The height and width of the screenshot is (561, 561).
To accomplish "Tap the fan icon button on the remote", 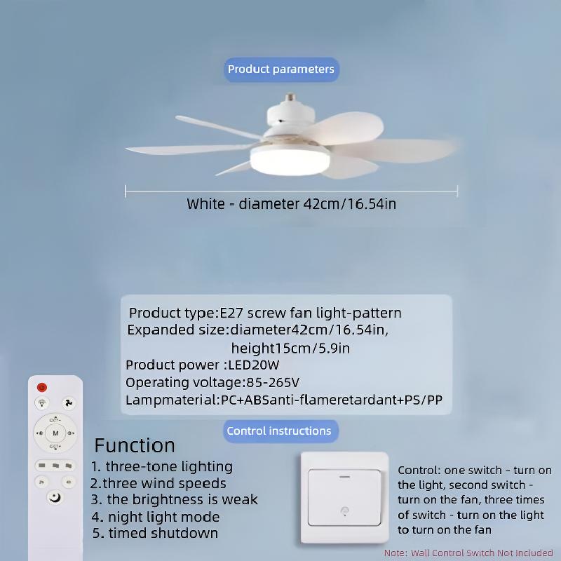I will point(69,403).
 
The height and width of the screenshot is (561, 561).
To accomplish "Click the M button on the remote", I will point(55,433).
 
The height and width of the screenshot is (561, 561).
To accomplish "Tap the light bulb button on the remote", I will point(43,403).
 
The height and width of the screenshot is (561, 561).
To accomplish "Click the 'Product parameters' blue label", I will point(280,69).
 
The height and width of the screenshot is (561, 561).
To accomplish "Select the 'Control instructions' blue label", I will point(279,431).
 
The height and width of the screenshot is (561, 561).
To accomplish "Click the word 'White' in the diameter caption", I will point(206,205).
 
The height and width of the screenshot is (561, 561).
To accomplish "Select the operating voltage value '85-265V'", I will point(273,383).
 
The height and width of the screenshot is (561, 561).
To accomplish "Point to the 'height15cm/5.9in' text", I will point(290,348).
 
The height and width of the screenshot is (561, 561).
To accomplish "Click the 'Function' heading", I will point(135,445).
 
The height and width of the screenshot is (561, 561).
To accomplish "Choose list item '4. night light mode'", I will point(155,517).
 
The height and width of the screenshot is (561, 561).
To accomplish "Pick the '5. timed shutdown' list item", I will point(154,534).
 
